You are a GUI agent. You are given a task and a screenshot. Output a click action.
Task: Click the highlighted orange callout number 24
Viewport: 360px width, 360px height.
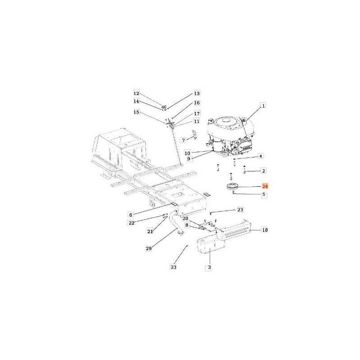coord(265,186)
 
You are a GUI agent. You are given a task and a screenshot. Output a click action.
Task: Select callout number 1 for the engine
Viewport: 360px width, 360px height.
coord(263,106)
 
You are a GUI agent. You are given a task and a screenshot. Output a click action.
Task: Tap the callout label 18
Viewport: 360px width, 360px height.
coord(265,230)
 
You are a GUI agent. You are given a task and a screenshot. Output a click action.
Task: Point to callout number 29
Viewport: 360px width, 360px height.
coord(149,248)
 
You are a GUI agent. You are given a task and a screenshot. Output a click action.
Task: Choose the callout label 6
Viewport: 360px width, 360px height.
coord(131,215)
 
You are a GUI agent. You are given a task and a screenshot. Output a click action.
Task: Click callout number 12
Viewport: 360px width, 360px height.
coord(136,93)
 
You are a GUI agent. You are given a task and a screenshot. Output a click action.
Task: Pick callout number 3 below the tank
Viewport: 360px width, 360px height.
coord(209,267)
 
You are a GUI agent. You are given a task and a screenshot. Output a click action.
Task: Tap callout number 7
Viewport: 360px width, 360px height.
coord(183,140)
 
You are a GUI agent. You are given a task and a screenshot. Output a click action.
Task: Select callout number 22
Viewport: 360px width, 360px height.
coord(131,223)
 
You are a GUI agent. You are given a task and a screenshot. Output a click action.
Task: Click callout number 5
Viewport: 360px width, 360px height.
coord(264,194)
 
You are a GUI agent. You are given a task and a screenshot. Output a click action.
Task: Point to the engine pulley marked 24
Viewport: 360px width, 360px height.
coord(232,186)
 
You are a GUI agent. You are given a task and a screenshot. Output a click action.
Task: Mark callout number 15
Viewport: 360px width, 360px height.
coord(136,112)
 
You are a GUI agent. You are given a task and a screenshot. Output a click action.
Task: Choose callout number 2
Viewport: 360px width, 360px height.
coord(264,171)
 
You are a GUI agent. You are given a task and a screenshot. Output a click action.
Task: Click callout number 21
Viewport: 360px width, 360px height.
coord(150,232)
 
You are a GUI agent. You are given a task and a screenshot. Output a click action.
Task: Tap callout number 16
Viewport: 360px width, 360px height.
coord(197,103)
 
